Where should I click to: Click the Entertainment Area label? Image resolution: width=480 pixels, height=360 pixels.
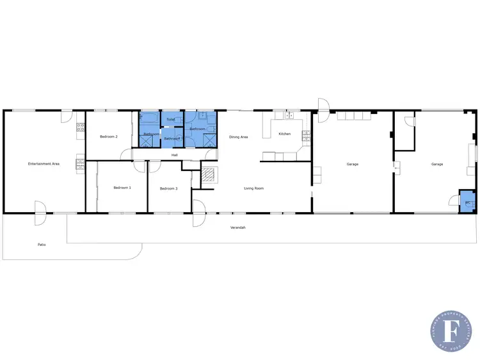(x=44, y=164)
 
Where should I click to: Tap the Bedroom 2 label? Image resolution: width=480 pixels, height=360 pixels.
(x=109, y=136)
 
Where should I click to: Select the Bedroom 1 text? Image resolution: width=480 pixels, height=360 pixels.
(x=122, y=188)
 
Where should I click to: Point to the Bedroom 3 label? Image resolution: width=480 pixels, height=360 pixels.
(x=168, y=188)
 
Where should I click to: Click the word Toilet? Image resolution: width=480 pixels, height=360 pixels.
(x=170, y=119)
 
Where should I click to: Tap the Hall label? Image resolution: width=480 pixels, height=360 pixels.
(x=174, y=154)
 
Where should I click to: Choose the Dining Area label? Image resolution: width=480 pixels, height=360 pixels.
(x=238, y=136)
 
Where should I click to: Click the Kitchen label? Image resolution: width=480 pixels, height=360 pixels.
(x=285, y=134)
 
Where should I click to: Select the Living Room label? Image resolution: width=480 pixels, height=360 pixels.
(x=253, y=188)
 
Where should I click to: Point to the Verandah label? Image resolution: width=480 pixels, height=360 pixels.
(x=238, y=227)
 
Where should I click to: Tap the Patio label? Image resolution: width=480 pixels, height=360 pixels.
(x=42, y=244)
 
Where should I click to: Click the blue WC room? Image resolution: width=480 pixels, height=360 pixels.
(x=468, y=202)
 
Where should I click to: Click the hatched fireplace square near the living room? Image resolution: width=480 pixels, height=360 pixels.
(x=209, y=175)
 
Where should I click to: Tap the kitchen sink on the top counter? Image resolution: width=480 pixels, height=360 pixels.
(x=289, y=115)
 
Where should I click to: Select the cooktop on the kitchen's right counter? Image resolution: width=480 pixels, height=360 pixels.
(x=306, y=135)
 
